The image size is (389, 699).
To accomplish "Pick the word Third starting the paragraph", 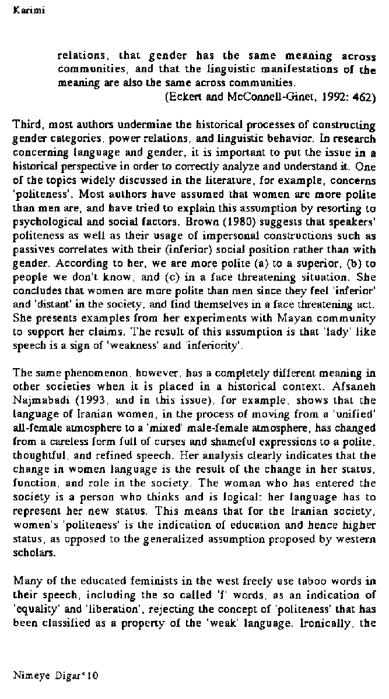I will (25, 125).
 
